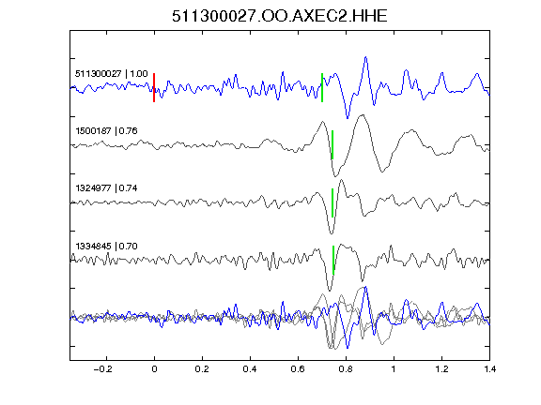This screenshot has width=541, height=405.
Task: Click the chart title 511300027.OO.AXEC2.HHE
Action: point(280,16)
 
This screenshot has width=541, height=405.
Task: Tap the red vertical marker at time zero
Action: point(154,87)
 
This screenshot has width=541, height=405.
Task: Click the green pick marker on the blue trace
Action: point(322,87)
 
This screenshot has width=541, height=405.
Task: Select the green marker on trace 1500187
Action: point(332,144)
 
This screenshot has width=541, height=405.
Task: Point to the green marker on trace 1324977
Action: point(332,202)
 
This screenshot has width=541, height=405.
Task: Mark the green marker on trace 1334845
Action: point(333,260)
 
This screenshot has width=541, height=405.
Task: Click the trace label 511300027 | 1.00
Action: point(112,74)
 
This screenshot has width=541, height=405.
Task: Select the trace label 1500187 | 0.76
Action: point(106,131)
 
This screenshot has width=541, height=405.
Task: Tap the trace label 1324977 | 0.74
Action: point(106,188)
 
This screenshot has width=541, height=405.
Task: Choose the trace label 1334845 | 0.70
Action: point(106,246)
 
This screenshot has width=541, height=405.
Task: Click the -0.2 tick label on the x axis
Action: point(103,369)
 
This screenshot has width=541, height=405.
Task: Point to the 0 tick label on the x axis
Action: point(154,369)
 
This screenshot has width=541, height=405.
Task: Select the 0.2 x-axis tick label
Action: point(202,369)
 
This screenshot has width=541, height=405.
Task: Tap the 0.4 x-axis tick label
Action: point(250,369)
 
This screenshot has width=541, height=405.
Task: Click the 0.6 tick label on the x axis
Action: point(298,369)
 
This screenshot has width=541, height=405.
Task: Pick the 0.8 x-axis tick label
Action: point(346,369)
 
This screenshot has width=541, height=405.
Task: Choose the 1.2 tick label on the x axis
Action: point(441,369)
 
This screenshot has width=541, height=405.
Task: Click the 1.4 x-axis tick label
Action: point(489,369)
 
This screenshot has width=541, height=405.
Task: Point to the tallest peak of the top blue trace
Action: point(365,57)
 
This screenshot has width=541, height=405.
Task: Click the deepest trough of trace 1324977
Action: point(332,233)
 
